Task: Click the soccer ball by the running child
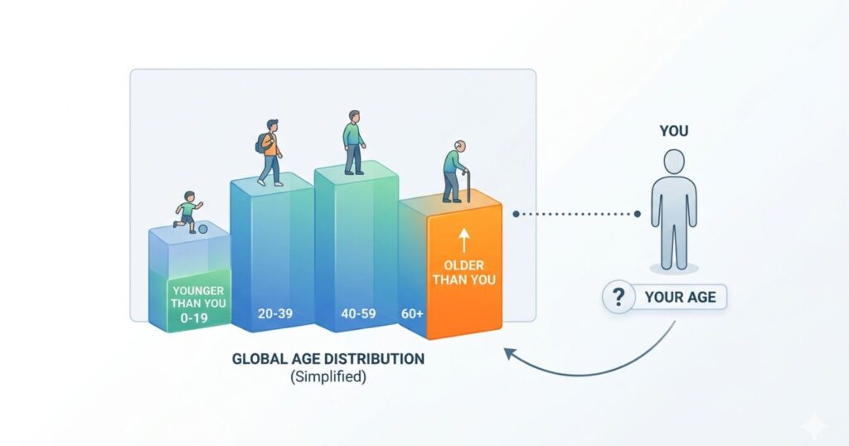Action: coord(203,228)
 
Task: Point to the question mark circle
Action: coord(616,297)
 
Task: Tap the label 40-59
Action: coord(357,315)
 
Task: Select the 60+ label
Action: coord(410,315)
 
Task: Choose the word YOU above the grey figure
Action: coord(673,131)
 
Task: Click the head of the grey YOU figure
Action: coord(673,162)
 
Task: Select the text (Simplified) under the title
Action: coord(328,376)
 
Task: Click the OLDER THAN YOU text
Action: coord(464,273)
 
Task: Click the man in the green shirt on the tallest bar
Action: coord(354,142)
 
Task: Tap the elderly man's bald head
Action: coord(458,146)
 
